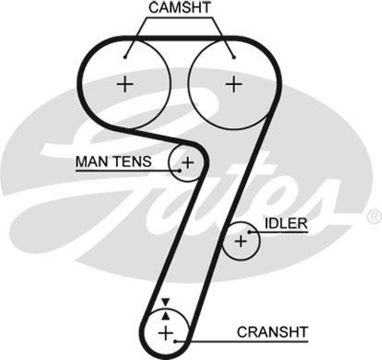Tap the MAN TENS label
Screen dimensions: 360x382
click(113, 161)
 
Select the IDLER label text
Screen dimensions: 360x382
click(285, 224)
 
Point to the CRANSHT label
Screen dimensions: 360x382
click(272, 331)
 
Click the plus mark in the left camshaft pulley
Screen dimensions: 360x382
click(125, 84)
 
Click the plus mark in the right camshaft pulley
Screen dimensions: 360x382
click(232, 84)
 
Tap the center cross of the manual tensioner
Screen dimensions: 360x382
click(187, 161)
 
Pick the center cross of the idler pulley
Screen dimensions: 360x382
click(241, 242)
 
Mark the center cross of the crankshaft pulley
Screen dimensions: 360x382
click(165, 331)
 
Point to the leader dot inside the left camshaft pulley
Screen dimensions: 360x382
click(125, 57)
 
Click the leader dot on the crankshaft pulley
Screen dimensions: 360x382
click(174, 341)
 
